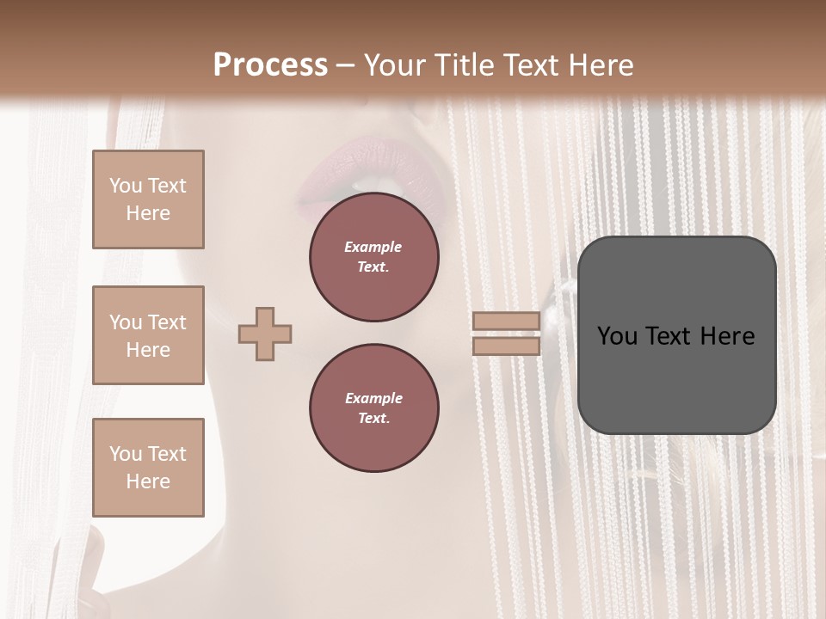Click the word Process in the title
(270, 65)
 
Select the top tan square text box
(148, 199)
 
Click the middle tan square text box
(148, 335)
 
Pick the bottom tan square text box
(148, 467)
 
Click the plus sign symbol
(265, 334)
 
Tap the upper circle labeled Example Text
(374, 257)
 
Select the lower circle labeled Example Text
(374, 408)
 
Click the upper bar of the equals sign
(506, 321)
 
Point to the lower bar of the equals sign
(506, 346)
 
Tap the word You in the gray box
(618, 336)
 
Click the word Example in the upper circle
(373, 248)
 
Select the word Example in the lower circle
(373, 399)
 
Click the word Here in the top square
(148, 213)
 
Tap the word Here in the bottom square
(148, 481)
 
